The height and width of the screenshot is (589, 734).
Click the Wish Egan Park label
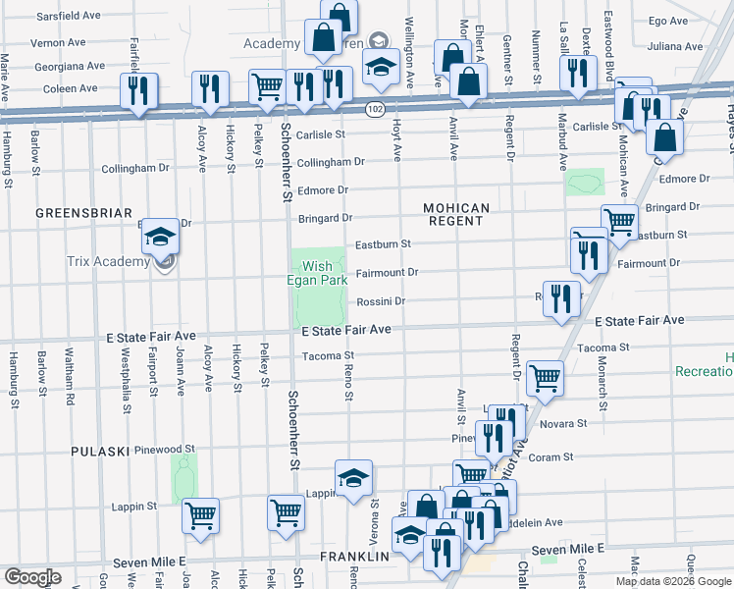(324, 273)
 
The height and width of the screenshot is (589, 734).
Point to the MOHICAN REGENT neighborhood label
(455, 214)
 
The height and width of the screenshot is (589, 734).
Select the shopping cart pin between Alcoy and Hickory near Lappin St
(201, 514)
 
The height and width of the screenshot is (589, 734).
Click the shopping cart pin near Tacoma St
(545, 377)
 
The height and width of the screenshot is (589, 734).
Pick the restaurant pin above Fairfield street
(138, 90)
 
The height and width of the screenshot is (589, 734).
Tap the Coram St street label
(551, 456)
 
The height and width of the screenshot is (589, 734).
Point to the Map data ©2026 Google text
(672, 581)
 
